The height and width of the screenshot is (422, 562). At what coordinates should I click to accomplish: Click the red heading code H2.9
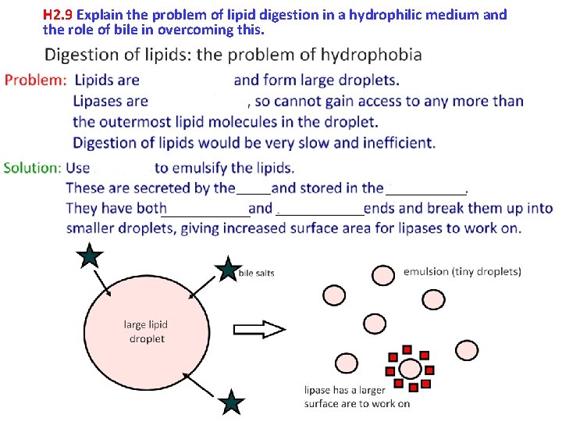click(59, 15)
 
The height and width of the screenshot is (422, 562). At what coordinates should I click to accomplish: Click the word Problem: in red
click(35, 80)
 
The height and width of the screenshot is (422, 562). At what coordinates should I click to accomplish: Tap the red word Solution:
click(32, 167)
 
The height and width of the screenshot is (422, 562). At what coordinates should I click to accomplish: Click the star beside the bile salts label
click(228, 270)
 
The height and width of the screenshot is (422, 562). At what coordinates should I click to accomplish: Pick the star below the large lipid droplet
click(231, 402)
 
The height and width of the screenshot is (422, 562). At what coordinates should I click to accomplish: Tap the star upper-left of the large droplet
click(91, 256)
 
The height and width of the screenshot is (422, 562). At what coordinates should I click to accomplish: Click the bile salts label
click(256, 274)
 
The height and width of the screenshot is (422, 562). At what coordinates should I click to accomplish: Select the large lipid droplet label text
click(146, 331)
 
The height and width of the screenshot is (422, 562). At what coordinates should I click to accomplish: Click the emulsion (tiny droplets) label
click(462, 272)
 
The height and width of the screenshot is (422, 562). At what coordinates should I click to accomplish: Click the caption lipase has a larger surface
click(357, 396)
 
